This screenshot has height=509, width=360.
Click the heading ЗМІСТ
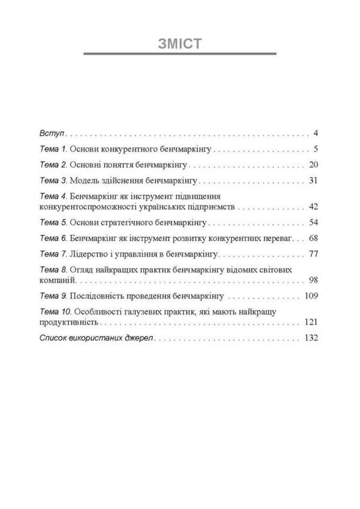(180, 45)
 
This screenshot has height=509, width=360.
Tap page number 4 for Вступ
(315, 132)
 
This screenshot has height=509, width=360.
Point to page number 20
(313, 165)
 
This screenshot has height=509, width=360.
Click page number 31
(313, 181)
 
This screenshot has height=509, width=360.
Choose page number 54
(313, 222)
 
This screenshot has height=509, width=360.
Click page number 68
(313, 238)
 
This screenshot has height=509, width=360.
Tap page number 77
(313, 254)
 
